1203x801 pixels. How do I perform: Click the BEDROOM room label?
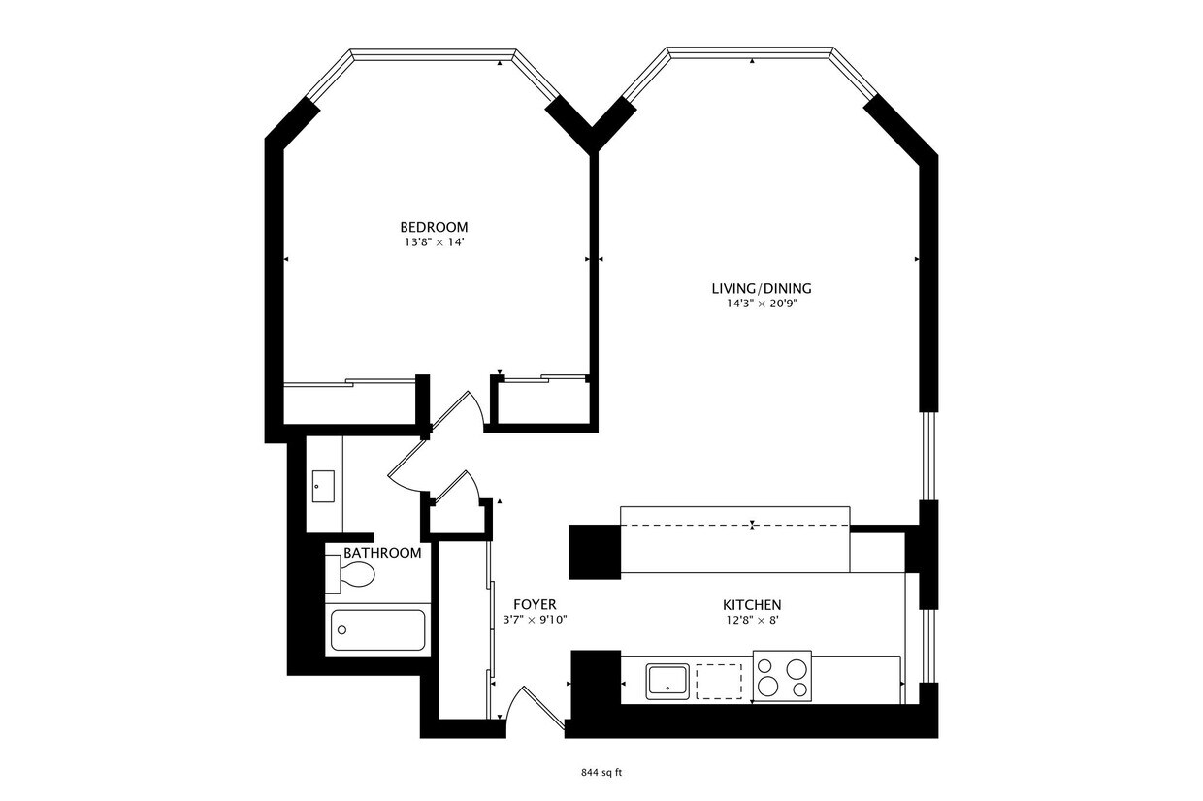(434, 227)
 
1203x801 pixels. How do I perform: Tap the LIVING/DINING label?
(762, 289)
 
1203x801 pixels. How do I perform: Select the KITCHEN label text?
(752, 605)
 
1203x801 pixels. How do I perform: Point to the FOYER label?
(535, 604)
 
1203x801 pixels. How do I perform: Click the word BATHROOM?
(382, 553)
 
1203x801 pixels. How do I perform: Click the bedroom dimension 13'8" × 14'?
(434, 242)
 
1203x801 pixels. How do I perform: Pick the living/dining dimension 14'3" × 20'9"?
(762, 304)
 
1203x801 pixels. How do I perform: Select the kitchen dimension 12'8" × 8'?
(752, 621)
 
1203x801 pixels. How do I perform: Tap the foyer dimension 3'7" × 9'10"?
(535, 620)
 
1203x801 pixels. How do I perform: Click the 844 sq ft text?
(601, 773)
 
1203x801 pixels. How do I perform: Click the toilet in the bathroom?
(349, 574)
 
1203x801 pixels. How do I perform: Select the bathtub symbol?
(378, 629)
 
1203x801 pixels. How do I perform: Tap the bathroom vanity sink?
(323, 487)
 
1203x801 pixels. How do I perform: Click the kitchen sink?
(667, 682)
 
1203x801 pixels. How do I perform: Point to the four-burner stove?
(783, 676)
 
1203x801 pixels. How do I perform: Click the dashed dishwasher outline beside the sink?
(719, 682)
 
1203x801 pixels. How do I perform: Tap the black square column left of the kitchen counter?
(595, 552)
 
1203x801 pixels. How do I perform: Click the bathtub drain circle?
(342, 630)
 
